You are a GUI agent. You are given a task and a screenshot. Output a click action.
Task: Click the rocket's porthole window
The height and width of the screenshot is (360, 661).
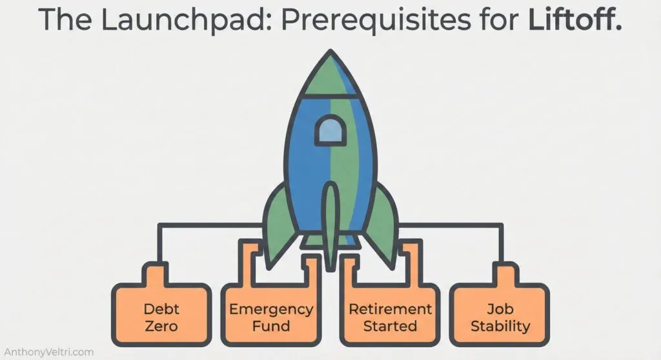tap(329, 131)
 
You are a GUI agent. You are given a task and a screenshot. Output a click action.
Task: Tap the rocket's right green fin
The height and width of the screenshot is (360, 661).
tap(381, 219)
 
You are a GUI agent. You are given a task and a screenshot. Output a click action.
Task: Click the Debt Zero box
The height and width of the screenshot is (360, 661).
tap(161, 316)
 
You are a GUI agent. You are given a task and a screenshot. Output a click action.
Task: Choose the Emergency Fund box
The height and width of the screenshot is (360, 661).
tap(271, 316)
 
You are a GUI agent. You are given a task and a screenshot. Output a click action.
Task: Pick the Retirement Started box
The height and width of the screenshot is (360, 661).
tap(390, 316)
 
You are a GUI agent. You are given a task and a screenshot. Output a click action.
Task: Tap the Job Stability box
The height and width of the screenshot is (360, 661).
tap(500, 316)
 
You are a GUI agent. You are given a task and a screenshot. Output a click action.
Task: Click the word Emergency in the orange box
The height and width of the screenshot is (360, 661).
tap(271, 308)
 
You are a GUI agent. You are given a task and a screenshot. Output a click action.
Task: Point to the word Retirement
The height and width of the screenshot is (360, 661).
tap(390, 308)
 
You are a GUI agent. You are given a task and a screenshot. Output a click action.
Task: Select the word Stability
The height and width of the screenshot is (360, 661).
tap(500, 325)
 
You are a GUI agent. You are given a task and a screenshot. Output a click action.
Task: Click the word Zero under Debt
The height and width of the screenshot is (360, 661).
tap(161, 325)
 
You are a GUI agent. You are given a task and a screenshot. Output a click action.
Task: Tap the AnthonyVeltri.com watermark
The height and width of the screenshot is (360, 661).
tap(48, 352)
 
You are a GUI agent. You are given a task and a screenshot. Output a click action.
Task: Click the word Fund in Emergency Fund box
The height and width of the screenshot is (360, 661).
tap(271, 325)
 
